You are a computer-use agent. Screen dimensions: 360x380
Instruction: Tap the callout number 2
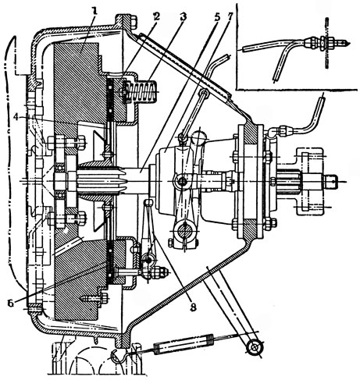point(156,17)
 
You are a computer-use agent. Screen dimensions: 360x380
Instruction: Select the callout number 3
point(183,17)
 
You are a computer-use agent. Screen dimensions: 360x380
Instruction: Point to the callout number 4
point(16,118)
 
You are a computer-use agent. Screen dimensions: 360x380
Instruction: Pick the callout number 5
point(216,17)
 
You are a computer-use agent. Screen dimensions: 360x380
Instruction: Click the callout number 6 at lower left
point(11,304)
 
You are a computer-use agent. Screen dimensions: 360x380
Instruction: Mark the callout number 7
point(230,17)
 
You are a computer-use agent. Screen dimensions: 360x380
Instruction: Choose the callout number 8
point(193,307)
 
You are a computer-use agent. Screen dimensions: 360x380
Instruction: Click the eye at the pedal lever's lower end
point(255,346)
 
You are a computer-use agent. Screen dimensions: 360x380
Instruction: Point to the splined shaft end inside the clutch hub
point(98,180)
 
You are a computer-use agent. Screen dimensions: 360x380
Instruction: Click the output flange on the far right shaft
point(310,181)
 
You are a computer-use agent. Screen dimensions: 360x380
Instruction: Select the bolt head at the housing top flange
point(134,22)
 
